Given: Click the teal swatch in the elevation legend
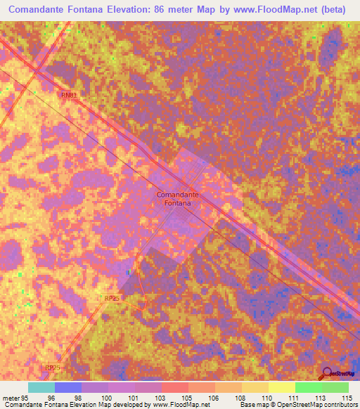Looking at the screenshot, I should (41, 387).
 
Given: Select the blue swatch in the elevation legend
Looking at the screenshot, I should (68, 387).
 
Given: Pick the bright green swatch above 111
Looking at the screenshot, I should (308, 387).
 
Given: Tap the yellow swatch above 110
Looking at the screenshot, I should (281, 387).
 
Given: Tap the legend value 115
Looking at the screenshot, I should (346, 397).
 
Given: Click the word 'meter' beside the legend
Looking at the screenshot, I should (10, 397).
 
